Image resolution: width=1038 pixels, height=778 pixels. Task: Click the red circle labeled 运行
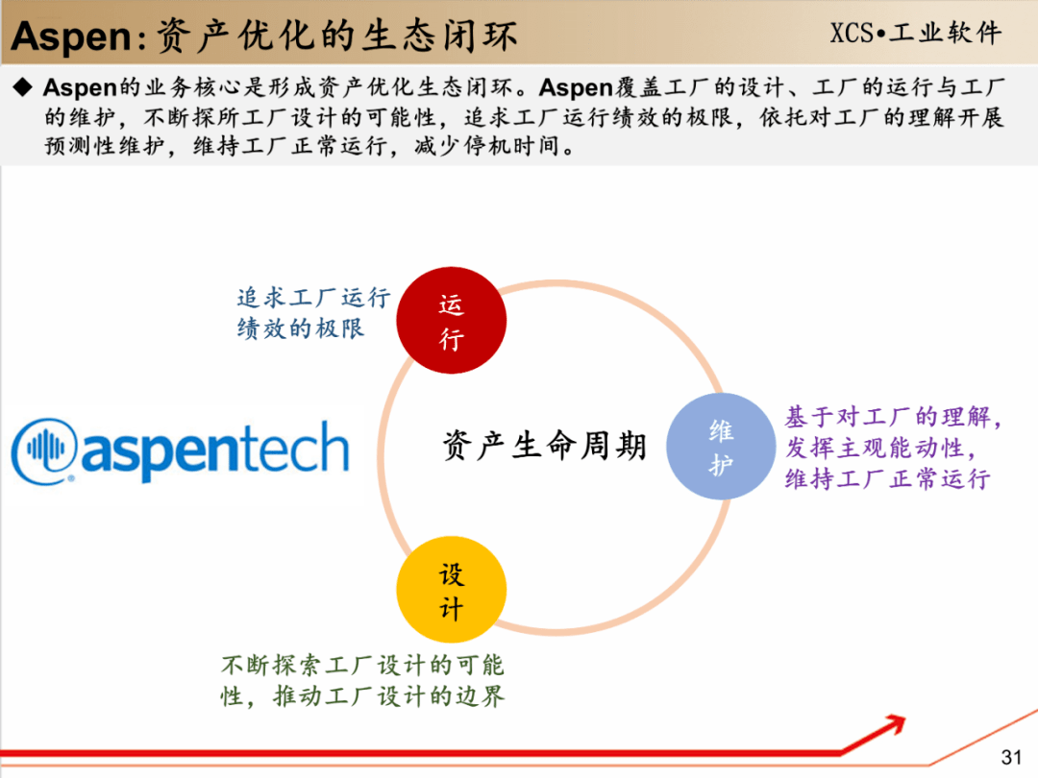pos(452,320)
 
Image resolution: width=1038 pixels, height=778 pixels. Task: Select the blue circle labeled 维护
pos(721,447)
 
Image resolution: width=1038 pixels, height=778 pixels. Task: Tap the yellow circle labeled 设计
pos(452,590)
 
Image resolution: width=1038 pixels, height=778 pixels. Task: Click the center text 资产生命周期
pos(544,445)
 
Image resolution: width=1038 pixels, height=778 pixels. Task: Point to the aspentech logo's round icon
pos(44,450)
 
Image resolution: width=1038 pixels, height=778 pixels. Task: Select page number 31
pos(1011,757)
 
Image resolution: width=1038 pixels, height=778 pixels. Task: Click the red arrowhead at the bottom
pos(895,724)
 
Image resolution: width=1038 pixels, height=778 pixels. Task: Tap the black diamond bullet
pos(23,87)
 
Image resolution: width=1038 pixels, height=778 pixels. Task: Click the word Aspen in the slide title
pos(71,36)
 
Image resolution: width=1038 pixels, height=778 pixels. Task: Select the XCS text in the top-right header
pos(852,33)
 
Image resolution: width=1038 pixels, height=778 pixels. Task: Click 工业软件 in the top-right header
pos(946,33)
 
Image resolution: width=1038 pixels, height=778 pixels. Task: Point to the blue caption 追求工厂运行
pos(313,298)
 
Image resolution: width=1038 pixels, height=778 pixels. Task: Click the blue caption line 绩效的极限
pos(301,328)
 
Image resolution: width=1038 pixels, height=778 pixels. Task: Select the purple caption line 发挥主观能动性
pos(880,448)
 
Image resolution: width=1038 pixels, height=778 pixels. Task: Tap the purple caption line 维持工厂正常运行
pos(888,478)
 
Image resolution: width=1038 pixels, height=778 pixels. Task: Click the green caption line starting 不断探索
pos(362,665)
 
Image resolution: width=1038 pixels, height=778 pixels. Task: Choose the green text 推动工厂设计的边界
pos(389,696)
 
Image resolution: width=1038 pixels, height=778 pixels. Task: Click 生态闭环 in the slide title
pos(439,36)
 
